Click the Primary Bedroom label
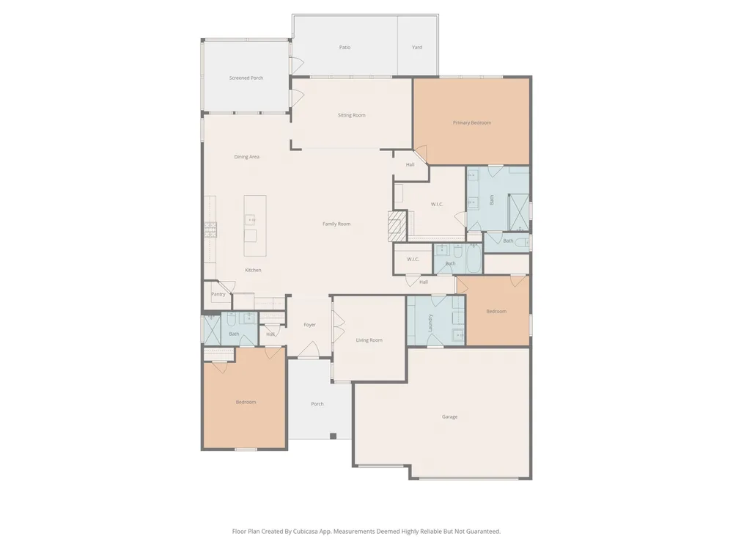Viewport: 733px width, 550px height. tap(471, 122)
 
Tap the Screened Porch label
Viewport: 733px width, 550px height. tap(246, 78)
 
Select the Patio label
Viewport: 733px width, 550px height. tap(345, 47)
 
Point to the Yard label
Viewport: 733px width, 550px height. tap(417, 47)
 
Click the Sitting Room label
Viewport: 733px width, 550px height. tap(352, 115)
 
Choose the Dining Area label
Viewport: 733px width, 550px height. tap(246, 157)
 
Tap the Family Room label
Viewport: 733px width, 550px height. tap(336, 224)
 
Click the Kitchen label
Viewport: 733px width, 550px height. tap(253, 270)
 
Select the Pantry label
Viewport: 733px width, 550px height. tap(218, 294)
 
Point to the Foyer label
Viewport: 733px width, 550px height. tap(309, 325)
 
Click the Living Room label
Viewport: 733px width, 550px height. tap(369, 340)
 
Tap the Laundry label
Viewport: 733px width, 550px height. tap(430, 323)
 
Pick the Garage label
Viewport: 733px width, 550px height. tap(449, 417)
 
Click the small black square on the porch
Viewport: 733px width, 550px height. tap(333, 436)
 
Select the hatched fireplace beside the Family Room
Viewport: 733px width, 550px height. tap(397, 226)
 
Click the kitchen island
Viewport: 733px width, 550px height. tap(255, 226)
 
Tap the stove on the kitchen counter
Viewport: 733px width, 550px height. tap(210, 230)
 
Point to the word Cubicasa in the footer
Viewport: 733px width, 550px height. tap(306, 531)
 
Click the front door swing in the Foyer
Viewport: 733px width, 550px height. tap(309, 350)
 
